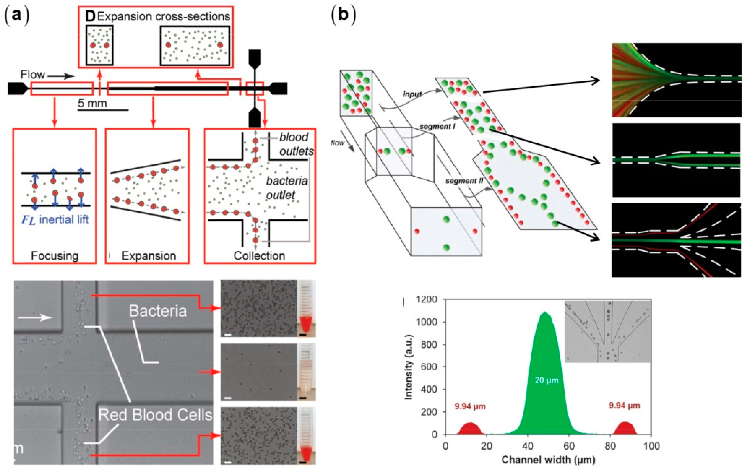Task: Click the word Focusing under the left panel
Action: click(55, 256)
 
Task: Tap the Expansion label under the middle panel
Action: click(149, 256)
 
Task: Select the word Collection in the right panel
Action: click(259, 256)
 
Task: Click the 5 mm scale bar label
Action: click(92, 103)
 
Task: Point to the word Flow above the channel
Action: click(32, 75)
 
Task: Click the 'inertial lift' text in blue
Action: click(64, 220)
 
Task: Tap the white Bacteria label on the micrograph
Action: click(158, 311)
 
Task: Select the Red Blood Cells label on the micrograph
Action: click(155, 415)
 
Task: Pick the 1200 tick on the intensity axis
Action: click(427, 300)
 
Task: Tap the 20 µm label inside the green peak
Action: click(547, 380)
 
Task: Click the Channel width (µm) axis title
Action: click(548, 460)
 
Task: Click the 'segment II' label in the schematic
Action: click(464, 181)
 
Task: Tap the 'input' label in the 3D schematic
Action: click(412, 94)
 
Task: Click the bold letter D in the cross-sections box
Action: click(90, 17)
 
